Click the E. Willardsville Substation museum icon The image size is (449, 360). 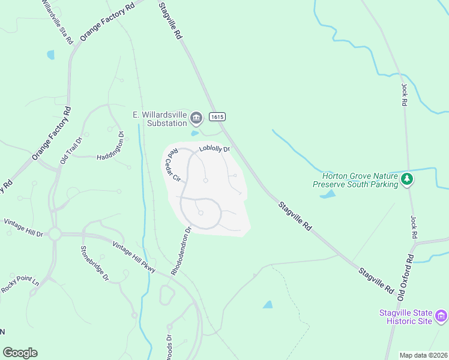tap(196, 118)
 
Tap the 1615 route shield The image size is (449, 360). tap(217, 116)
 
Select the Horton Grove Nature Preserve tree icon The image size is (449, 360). tap(408, 179)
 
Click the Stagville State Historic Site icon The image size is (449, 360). tap(441, 315)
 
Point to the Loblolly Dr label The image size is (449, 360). tap(214, 149)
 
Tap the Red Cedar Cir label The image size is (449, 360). tap(173, 164)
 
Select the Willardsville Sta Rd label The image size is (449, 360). tap(58, 20)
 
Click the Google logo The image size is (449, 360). tap(20, 353)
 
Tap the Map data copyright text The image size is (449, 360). tap(423, 355)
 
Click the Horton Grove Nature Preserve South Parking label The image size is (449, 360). tap(360, 180)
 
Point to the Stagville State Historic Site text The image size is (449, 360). tap(406, 317)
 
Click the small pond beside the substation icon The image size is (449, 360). tap(194, 133)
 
